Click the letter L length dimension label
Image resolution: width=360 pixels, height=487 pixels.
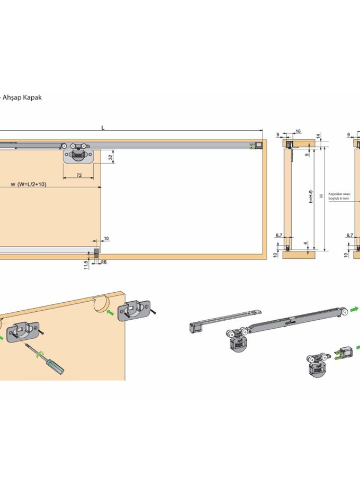[103, 128]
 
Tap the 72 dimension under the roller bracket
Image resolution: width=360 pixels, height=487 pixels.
[78, 174]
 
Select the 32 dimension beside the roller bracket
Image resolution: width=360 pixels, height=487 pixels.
[110, 157]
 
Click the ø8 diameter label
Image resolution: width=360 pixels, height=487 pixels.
[103, 261]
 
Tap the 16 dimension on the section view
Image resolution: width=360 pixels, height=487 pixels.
[298, 131]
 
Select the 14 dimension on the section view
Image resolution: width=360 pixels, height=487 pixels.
[318, 136]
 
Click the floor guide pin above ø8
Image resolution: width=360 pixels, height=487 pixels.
[97, 252]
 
